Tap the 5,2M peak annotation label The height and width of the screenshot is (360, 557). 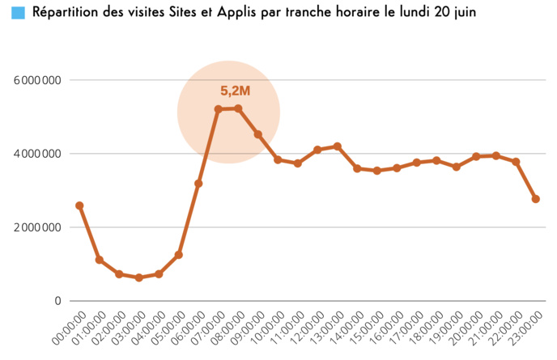click(235, 91)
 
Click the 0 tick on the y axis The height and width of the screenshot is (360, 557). click(57, 301)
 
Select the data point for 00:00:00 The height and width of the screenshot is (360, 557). click(79, 205)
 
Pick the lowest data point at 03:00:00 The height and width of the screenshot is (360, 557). click(138, 277)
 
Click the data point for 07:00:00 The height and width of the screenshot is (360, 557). click(219, 109)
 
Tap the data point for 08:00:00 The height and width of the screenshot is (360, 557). click(238, 108)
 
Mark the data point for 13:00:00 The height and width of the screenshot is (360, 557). click(338, 146)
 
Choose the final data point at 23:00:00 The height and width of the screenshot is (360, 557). click(536, 199)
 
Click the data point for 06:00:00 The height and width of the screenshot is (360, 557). click(198, 184)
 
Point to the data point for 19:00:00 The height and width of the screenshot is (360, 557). click(457, 167)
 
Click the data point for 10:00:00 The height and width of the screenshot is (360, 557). click(278, 160)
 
